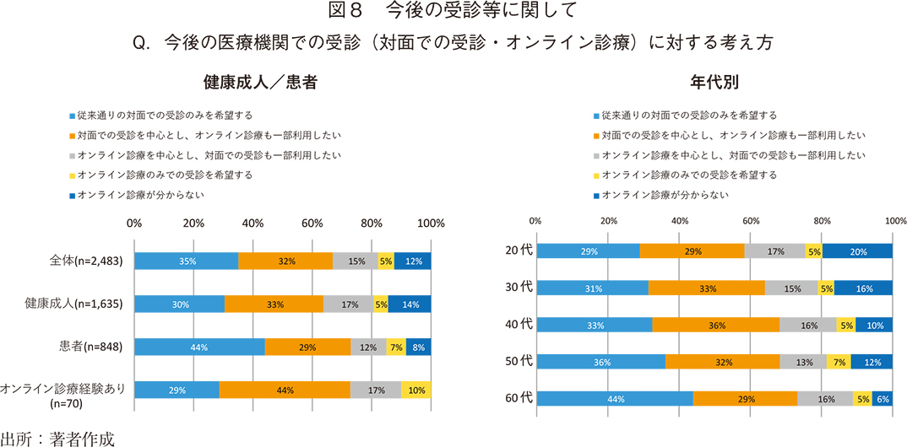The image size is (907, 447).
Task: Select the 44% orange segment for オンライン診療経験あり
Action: (285, 390)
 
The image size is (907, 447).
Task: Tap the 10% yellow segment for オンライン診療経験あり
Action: (415, 390)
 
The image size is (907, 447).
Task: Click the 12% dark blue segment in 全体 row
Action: (413, 261)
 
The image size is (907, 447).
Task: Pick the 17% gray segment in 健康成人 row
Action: (349, 304)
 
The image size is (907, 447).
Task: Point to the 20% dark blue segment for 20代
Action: (857, 250)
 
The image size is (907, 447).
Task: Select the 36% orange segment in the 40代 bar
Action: (715, 325)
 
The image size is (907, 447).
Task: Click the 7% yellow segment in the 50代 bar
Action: (839, 361)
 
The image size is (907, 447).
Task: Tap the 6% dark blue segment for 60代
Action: (883, 398)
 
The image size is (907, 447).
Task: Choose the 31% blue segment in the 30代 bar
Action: (592, 288)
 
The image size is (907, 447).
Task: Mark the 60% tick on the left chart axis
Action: (312, 223)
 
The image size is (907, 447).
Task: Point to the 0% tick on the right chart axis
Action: (535, 220)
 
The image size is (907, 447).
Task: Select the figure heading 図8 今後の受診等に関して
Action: (453, 11)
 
